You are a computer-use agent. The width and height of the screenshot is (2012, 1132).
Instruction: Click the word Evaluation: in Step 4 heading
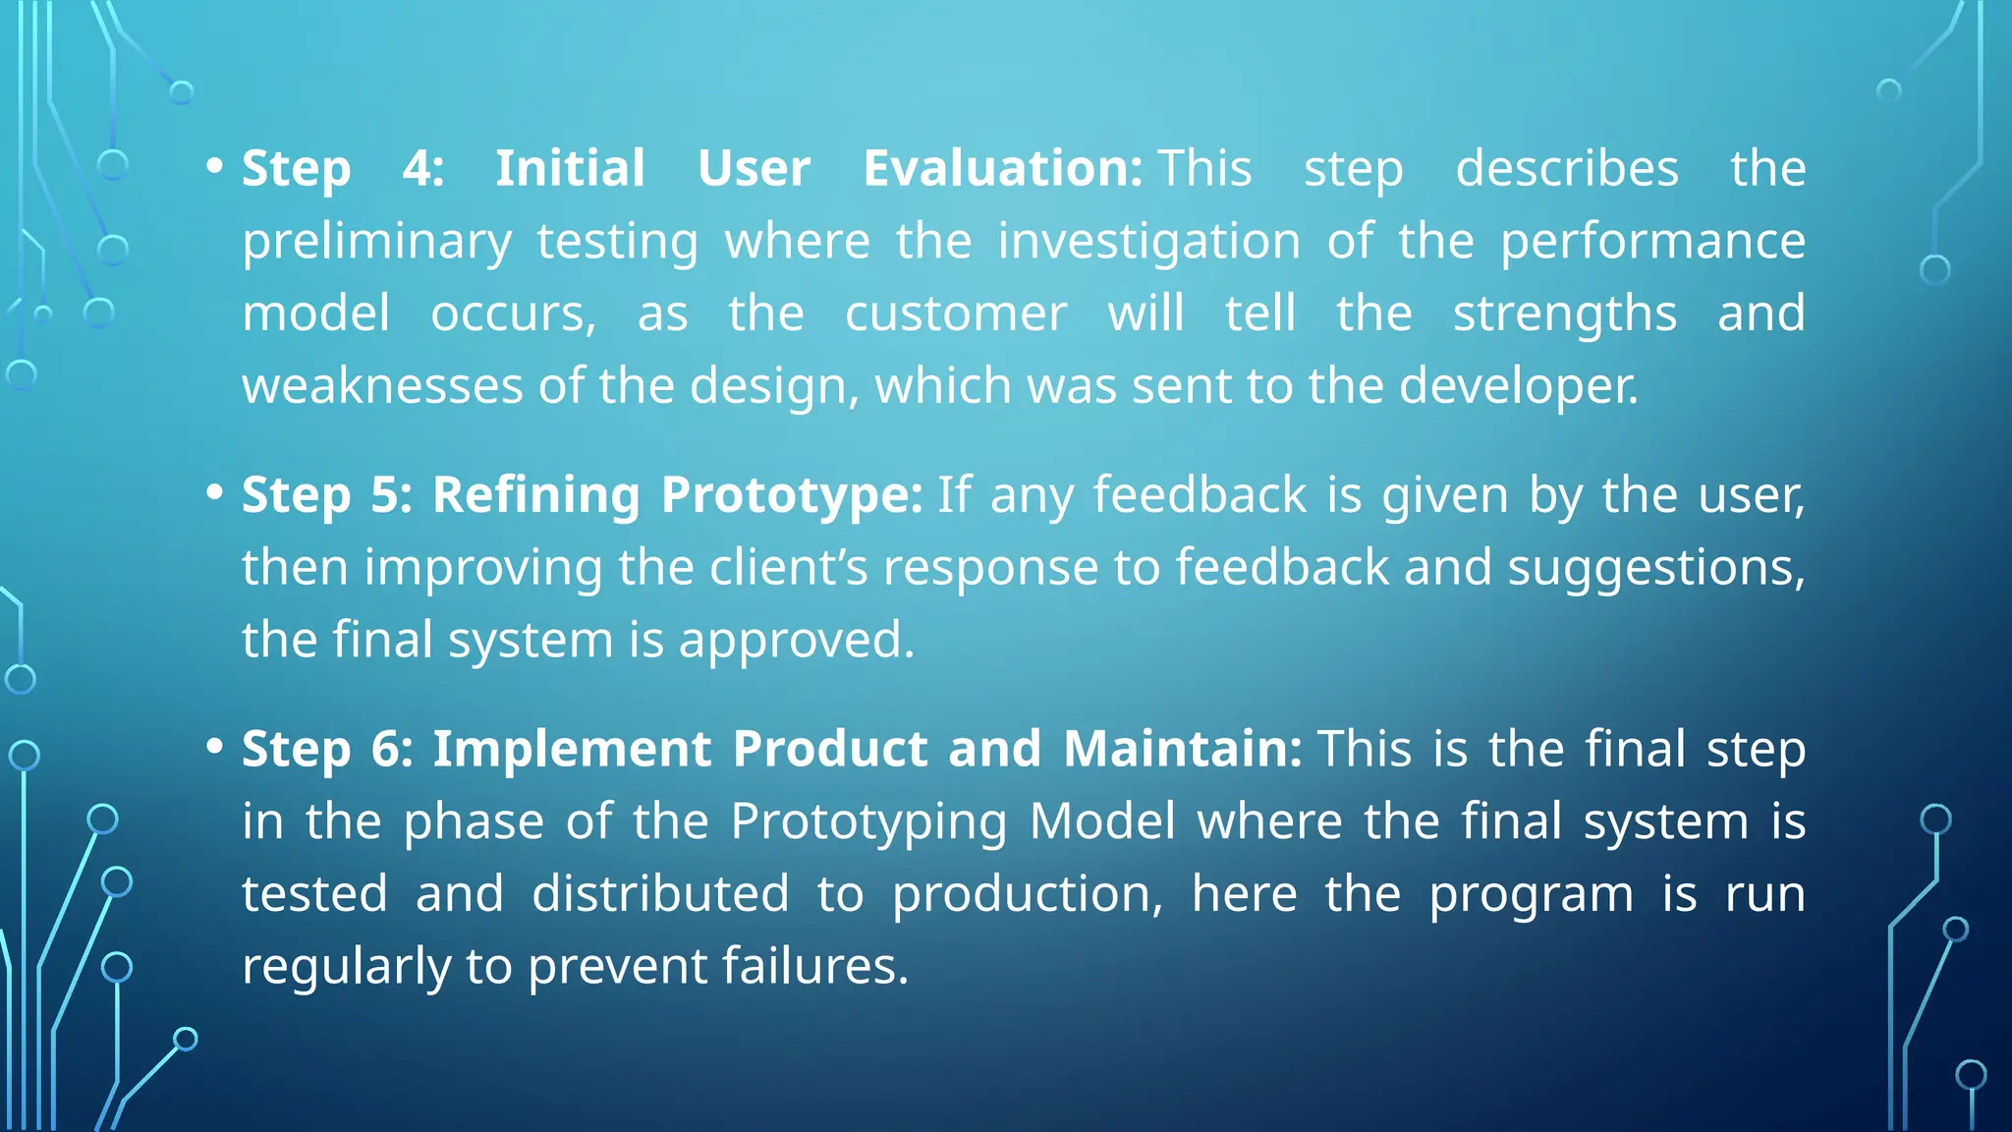coord(1002,168)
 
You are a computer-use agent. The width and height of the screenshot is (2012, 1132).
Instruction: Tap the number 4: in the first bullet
coord(423,168)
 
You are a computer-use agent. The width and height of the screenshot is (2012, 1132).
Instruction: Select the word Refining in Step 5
coord(536,494)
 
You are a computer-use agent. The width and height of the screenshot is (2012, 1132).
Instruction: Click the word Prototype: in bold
coord(791,494)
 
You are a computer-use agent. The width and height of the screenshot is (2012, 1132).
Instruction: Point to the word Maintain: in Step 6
coord(1183,749)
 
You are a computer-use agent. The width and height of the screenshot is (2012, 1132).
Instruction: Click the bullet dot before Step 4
coord(215,166)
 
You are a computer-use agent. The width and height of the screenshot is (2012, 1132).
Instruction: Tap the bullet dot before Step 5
coord(215,492)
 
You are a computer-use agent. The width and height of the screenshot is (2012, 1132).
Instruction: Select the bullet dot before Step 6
coord(215,747)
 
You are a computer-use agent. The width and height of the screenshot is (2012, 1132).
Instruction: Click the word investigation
coord(1149,242)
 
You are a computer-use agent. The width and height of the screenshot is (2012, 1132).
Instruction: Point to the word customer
coord(956,313)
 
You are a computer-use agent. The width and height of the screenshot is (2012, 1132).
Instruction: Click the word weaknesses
coord(382,385)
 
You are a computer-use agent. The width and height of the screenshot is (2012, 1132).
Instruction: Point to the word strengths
coord(1565,314)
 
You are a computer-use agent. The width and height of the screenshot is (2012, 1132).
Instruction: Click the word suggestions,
coord(1656,568)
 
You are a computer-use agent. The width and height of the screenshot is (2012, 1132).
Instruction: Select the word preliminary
coord(377,242)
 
